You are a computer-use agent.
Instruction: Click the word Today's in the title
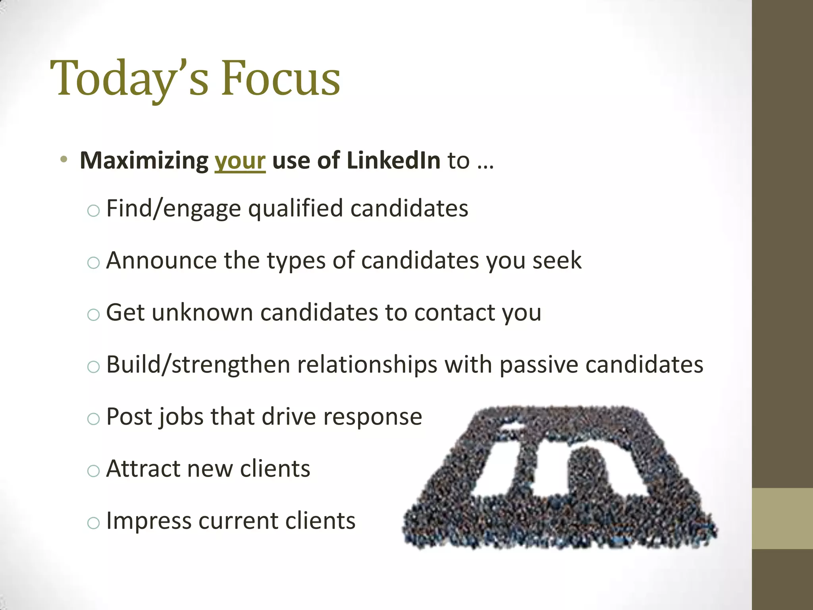tap(129, 78)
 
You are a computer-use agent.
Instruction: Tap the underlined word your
tap(240, 161)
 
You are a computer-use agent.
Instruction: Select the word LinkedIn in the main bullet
tap(393, 160)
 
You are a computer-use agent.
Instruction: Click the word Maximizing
tap(144, 161)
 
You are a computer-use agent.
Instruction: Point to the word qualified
tap(295, 208)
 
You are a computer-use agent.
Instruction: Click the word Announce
tap(161, 261)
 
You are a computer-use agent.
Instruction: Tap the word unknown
tap(202, 313)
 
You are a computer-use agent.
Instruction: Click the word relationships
tap(367, 365)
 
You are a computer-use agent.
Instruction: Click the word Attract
tap(143, 469)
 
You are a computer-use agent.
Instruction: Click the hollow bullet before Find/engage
tap(93, 210)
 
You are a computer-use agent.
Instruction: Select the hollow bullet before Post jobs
tap(93, 419)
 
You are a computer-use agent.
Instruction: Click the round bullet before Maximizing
tap(64, 160)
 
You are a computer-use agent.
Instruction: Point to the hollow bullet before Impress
tap(93, 523)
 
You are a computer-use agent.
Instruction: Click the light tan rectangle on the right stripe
tap(782, 518)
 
